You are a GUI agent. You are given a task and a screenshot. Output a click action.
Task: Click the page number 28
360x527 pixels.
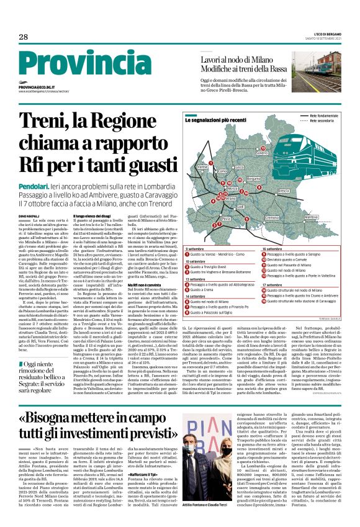click(x=23, y=37)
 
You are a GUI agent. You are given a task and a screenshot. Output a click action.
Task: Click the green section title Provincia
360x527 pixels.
click(x=68, y=65)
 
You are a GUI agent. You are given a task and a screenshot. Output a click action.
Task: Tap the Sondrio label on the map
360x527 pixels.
click(x=261, y=153)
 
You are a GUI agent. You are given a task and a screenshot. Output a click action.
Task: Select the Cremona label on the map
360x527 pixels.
click(x=272, y=218)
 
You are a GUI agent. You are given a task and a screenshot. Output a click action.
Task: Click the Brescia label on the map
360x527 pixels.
click(x=284, y=191)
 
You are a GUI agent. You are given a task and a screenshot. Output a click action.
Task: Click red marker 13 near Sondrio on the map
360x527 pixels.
click(x=263, y=148)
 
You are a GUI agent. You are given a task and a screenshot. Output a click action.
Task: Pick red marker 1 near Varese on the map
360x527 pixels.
click(x=211, y=163)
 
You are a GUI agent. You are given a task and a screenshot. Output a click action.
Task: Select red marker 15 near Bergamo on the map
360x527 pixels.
click(x=240, y=180)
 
